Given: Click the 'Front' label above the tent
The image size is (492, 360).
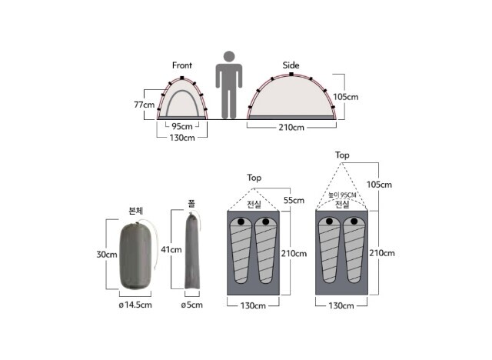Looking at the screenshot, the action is point(182,65).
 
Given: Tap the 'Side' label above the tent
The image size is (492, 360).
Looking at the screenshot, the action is point(291,65).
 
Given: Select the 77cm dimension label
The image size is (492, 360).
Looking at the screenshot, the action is point(145,105).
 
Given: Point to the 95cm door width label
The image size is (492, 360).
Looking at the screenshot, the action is point(182,126).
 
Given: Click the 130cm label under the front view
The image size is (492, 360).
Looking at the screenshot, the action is point(182,138).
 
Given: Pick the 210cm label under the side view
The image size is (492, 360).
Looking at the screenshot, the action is point(291,128).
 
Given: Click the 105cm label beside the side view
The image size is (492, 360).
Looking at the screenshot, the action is point(346,97).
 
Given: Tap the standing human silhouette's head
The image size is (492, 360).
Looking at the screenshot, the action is point(229,57).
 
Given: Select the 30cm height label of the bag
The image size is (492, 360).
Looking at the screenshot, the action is point(107,254).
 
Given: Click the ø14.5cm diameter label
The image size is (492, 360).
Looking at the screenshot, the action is point(135,305).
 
